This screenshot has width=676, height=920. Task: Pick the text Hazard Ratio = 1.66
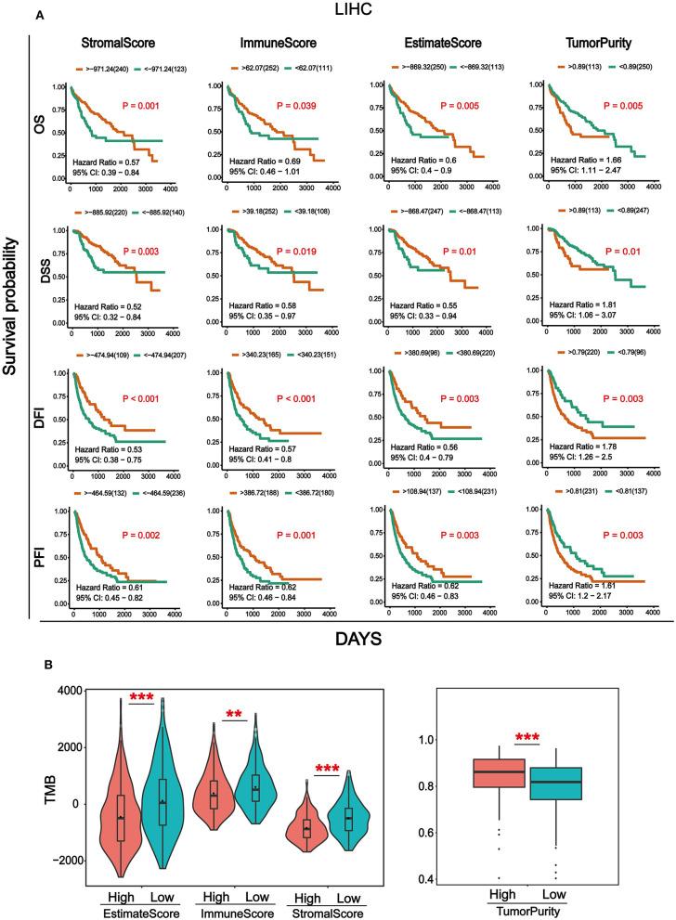(x=585, y=159)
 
